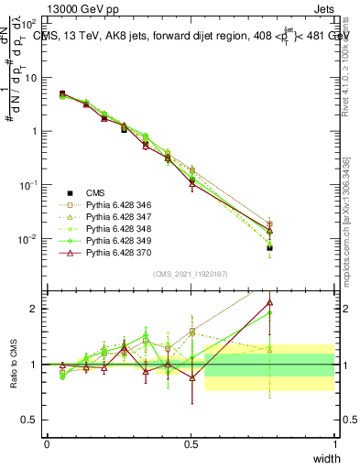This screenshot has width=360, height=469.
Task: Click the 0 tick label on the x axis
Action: point(47,443)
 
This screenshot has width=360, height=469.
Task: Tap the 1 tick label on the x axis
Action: point(333,443)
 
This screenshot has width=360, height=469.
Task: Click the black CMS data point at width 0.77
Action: point(269,247)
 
